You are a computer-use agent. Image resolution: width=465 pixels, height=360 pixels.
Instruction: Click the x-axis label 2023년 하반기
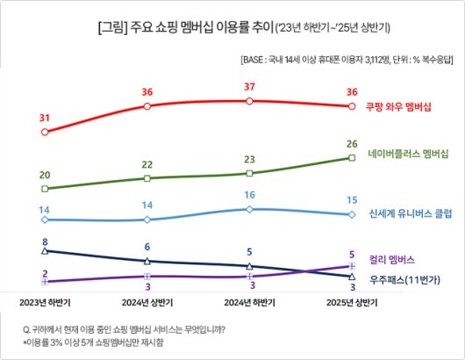click(x=45, y=302)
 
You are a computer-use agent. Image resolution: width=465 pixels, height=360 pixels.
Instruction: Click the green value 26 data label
click(x=352, y=143)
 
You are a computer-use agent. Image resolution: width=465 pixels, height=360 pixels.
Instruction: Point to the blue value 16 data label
click(x=250, y=195)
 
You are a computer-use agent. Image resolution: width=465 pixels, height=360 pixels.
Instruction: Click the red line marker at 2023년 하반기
click(x=45, y=133)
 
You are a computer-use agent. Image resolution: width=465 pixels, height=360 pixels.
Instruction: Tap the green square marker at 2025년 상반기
click(x=352, y=158)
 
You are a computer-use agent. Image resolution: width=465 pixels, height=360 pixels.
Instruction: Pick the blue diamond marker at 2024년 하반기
click(x=250, y=209)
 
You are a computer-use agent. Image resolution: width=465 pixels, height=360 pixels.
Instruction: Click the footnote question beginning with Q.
click(x=124, y=329)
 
